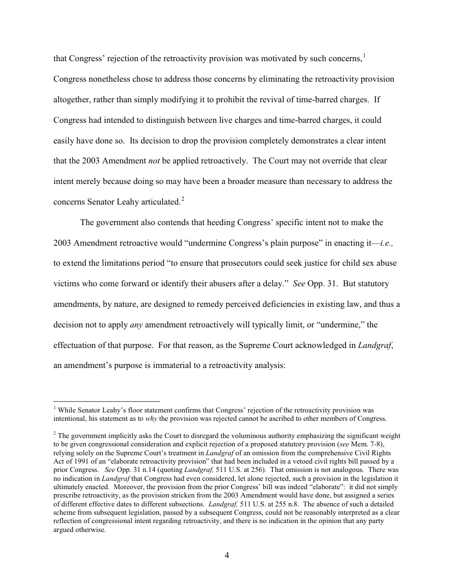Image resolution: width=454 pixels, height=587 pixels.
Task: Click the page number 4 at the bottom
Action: (227, 555)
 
